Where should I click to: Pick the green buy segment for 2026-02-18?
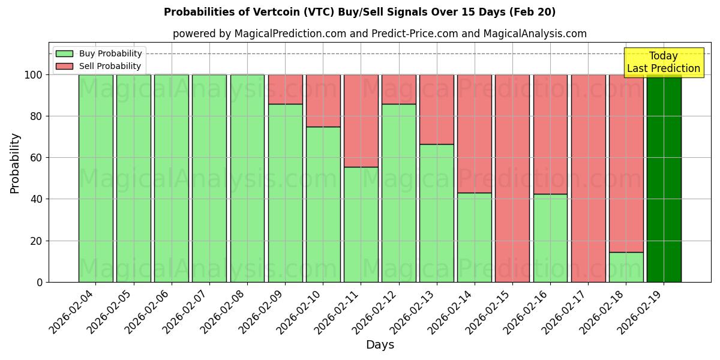tap(626, 267)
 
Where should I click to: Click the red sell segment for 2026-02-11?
tap(361, 121)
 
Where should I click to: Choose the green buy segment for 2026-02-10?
tap(323, 204)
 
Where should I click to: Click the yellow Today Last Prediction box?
tap(664, 62)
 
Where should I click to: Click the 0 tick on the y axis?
tap(40, 282)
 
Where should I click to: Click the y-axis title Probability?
tap(15, 163)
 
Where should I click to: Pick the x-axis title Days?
tap(380, 345)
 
